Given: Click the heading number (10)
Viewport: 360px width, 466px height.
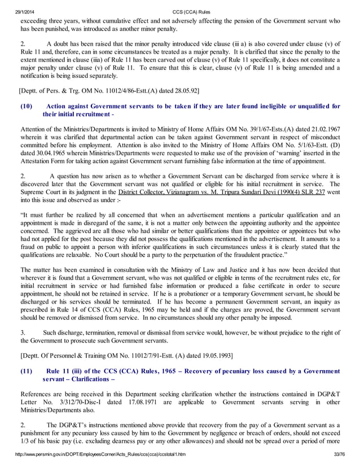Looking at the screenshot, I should [27, 105].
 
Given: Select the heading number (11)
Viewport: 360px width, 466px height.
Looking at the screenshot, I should [27, 371].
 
